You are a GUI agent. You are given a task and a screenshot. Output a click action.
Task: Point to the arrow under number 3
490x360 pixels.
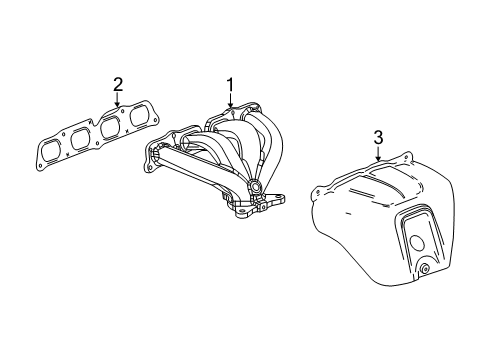pyautogui.click(x=377, y=154)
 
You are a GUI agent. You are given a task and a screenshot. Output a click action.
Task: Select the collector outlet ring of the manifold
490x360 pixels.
pyautogui.click(x=258, y=187)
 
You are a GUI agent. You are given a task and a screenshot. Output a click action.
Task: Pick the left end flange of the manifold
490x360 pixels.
pyautogui.click(x=156, y=152)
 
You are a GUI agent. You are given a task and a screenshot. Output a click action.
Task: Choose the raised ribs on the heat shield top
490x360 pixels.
pyautogui.click(x=384, y=180)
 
